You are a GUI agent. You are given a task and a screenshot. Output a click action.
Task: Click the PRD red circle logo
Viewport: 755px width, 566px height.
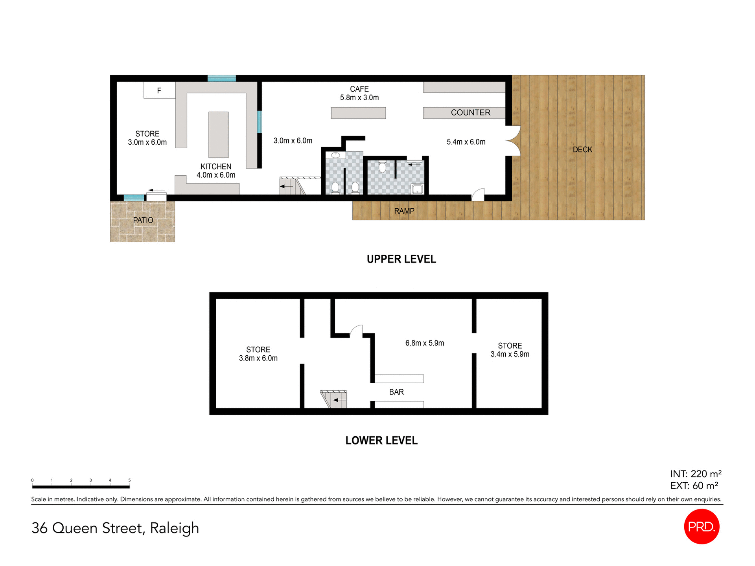[x=702, y=527]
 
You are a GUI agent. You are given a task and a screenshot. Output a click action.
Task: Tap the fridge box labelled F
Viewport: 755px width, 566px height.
[x=159, y=90]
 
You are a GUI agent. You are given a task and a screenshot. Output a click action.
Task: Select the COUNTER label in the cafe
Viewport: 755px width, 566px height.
[x=470, y=113]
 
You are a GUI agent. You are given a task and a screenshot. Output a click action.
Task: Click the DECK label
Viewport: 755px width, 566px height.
[x=582, y=150]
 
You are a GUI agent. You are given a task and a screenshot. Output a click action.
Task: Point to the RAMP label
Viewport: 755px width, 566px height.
[x=404, y=211]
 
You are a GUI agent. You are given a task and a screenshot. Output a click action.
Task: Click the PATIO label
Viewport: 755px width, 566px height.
[x=143, y=220]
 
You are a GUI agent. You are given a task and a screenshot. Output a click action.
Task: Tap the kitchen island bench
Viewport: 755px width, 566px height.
[x=218, y=134]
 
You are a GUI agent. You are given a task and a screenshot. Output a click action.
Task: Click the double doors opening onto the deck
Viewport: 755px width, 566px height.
[x=513, y=141]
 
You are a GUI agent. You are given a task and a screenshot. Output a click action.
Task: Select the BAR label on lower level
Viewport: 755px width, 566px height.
[x=396, y=392]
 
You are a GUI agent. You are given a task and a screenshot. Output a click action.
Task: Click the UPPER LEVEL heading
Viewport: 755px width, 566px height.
[x=401, y=259]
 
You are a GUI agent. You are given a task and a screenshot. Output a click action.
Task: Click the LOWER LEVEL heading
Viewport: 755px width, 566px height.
[x=381, y=441]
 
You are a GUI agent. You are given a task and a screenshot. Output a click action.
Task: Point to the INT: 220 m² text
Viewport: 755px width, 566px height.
[x=696, y=474]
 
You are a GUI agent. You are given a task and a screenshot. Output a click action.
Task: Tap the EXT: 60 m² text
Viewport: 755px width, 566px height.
[x=694, y=486]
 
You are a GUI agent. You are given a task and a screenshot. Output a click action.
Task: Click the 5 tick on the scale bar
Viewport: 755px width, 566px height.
[x=129, y=481]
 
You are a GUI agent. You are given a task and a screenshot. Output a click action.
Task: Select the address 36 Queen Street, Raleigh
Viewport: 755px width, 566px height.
[x=115, y=528]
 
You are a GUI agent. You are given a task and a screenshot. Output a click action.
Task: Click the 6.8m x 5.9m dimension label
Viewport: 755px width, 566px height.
[x=425, y=343]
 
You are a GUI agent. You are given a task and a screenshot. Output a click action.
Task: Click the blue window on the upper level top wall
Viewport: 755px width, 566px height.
[x=222, y=78]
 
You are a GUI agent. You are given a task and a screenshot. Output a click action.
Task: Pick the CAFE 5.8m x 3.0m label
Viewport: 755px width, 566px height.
[x=359, y=94]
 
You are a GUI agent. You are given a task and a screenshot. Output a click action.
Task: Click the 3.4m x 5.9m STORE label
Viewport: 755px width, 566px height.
[x=510, y=350]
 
